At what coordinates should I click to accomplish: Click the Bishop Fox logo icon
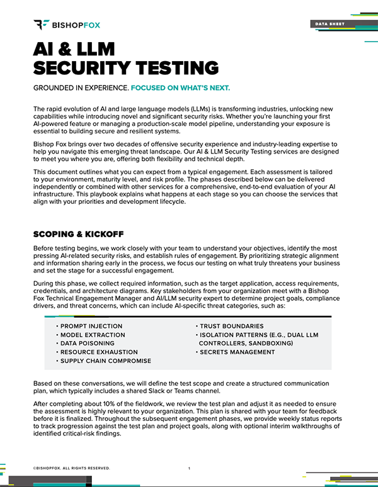pos(41,25)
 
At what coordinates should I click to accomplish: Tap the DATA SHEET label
pos(329,24)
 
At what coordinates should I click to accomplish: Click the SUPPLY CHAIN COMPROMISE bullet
pos(106,361)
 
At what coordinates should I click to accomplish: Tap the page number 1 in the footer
pos(190,469)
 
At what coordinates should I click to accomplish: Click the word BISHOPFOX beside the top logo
pos(76,25)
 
